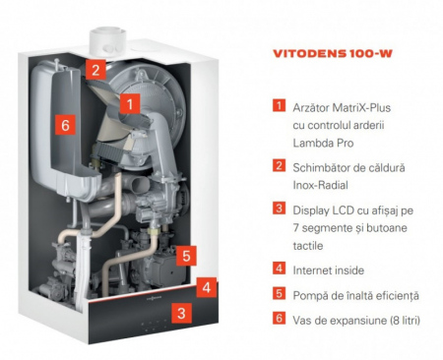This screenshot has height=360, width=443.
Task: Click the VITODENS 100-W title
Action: point(333,54)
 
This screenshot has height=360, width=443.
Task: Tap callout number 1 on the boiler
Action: point(130,104)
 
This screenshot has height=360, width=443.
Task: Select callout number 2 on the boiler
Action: point(95,70)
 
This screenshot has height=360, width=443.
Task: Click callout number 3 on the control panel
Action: point(181,313)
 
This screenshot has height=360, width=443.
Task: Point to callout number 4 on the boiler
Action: point(207,287)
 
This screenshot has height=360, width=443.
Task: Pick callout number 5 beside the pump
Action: point(186,256)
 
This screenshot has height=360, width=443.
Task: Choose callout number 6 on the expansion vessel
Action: point(65,125)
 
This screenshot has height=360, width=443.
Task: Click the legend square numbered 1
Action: point(279,105)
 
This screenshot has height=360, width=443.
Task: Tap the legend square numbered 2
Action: point(279,165)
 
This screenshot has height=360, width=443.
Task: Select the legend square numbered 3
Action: point(279,209)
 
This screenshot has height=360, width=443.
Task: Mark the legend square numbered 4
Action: point(279,269)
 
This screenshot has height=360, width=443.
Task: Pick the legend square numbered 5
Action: point(279,293)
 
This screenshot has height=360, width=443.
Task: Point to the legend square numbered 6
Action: point(279,318)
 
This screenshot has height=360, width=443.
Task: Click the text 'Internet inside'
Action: point(329,270)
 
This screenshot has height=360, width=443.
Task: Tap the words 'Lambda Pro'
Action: point(323,144)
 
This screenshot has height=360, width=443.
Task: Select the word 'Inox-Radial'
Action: point(320,185)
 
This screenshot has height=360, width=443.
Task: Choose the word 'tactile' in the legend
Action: point(308,246)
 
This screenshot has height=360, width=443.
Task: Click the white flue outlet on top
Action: point(107,42)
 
